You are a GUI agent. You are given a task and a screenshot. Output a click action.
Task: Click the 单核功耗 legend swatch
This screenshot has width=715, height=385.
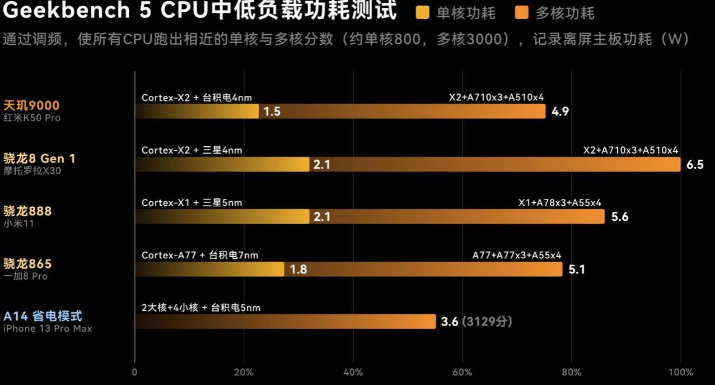[423, 12]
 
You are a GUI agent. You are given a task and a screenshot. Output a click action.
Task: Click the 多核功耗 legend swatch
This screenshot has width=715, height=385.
[521, 12]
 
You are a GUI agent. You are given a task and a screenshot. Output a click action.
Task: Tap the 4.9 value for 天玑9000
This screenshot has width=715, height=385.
[560, 112]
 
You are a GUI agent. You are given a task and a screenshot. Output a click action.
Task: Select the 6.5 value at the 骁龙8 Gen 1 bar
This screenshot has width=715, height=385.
[695, 165]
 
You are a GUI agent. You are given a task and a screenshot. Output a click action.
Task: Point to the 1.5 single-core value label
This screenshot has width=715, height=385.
[272, 112]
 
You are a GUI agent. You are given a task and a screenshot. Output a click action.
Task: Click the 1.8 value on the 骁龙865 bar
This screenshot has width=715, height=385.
[298, 270]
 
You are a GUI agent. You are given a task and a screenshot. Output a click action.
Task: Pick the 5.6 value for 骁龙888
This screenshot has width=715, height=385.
[620, 217]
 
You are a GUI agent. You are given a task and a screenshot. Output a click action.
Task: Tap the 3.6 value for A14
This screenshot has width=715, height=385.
[450, 322]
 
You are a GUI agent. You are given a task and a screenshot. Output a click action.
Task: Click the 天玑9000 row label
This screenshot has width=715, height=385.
[31, 105]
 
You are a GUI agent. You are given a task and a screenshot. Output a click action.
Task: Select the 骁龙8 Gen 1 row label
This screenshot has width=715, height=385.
[39, 159]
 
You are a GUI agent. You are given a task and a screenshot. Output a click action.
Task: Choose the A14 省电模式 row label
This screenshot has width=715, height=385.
[43, 317]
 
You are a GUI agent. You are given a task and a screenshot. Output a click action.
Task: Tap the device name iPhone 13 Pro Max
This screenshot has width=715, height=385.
[48, 328]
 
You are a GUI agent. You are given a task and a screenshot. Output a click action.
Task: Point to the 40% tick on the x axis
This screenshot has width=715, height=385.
[353, 372]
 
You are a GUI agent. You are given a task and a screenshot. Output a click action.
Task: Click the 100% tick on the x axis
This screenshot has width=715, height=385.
[681, 372]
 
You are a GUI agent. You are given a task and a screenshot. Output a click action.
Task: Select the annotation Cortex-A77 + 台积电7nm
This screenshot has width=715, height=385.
[200, 255]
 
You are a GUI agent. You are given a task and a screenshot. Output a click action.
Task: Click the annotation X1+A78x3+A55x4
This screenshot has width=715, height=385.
[559, 203]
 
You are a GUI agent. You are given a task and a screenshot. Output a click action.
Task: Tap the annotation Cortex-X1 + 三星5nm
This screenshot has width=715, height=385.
[191, 203]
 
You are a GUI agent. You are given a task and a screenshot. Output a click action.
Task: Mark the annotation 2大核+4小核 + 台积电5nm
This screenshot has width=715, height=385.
[200, 308]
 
